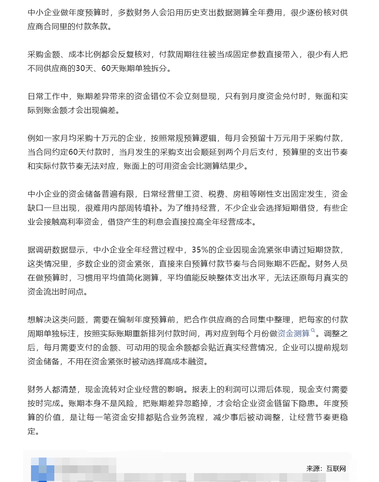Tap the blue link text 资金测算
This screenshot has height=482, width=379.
point(293,333)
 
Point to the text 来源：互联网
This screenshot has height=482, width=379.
point(326,468)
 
